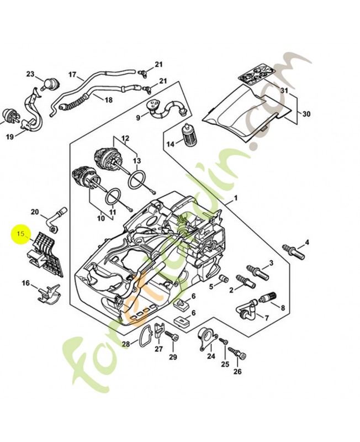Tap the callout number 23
pyautogui.click(x=30, y=75)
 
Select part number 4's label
pyautogui.click(x=307, y=243)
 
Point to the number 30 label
pyautogui.click(x=306, y=114)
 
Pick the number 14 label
pyautogui.click(x=171, y=144)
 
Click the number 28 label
pyautogui.click(x=126, y=344)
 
